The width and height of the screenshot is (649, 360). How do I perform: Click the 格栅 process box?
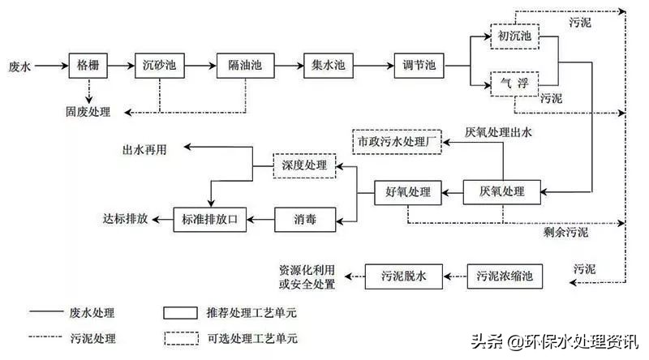pyautogui.click(x=88, y=65)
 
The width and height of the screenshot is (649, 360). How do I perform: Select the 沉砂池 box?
pyautogui.click(x=159, y=65)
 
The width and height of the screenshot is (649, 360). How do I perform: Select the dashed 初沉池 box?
pyautogui.click(x=514, y=36)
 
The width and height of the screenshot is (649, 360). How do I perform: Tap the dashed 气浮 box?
pyautogui.click(x=514, y=83)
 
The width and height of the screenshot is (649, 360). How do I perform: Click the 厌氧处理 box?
pyautogui.click(x=502, y=192)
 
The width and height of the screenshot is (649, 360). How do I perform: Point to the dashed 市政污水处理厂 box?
pyautogui.click(x=398, y=141)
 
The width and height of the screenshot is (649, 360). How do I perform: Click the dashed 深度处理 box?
pyautogui.click(x=303, y=165)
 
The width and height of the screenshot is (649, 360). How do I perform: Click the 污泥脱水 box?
pyautogui.click(x=403, y=276)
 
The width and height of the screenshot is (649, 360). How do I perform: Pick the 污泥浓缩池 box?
pyautogui.click(x=505, y=276)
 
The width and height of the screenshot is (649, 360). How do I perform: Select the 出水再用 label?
pyautogui.click(x=145, y=148)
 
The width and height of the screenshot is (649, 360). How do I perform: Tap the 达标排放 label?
pyautogui.click(x=126, y=218)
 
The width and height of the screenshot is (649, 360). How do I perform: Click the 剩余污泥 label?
pyautogui.click(x=566, y=232)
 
